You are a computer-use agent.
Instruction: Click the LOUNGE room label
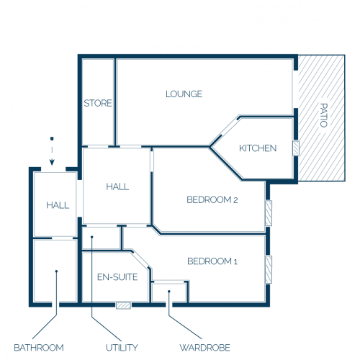tap(184, 94)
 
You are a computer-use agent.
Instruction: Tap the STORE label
tap(98, 103)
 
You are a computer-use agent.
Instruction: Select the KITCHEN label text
tap(258, 148)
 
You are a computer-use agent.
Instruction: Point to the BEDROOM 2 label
tap(212, 199)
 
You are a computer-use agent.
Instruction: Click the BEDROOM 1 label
tap(212, 261)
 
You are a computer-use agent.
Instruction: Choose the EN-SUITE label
tap(117, 277)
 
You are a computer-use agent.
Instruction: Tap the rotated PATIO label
tap(324, 115)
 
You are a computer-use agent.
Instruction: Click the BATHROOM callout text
tap(39, 348)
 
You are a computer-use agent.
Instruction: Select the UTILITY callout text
tap(122, 348)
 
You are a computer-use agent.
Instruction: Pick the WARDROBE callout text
tap(205, 348)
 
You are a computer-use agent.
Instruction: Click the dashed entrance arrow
tap(52, 151)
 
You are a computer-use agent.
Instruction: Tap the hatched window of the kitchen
tap(296, 148)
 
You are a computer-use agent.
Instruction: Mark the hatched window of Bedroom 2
tap(269, 213)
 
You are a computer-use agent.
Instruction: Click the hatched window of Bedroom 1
tap(269, 270)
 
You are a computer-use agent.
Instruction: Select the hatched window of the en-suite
tap(124, 305)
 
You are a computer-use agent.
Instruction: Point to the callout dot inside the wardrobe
tap(169, 292)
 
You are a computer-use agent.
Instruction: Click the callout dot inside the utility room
tap(91, 237)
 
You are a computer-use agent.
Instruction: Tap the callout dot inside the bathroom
tap(56, 271)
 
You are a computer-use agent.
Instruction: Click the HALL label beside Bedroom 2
tap(117, 186)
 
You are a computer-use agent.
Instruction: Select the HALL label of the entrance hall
tap(58, 205)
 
